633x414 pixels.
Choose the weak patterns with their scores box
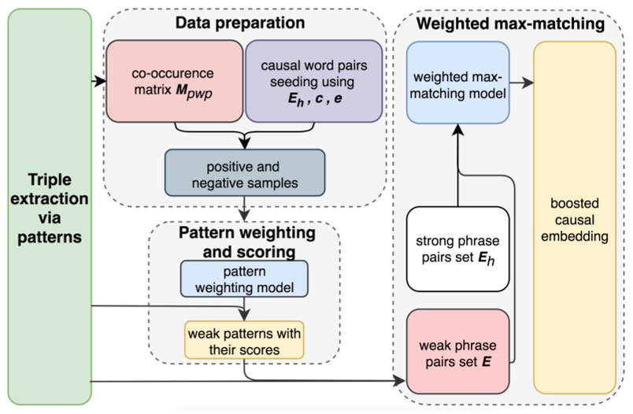pyautogui.click(x=244, y=338)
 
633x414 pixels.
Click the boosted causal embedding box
pyautogui.click(x=575, y=216)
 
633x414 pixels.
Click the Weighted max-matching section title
pyautogui.click(x=510, y=24)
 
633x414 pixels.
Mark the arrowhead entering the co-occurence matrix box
pyautogui.click(x=102, y=80)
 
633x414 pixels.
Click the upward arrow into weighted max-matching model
pyautogui.click(x=457, y=131)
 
